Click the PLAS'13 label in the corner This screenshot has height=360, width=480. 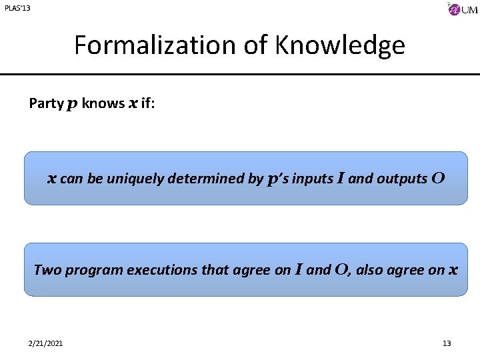pos(17,8)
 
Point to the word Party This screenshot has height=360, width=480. pos(45,103)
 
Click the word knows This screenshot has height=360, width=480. pos(103,103)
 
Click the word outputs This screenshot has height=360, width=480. pos(402,179)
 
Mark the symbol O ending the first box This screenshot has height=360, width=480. pos(438,178)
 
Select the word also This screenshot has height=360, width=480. pos(373,270)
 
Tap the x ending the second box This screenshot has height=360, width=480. pos(453,270)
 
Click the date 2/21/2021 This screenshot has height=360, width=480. pos(46,343)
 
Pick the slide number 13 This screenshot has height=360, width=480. pos(447,343)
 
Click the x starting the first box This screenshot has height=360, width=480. pos(51,179)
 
